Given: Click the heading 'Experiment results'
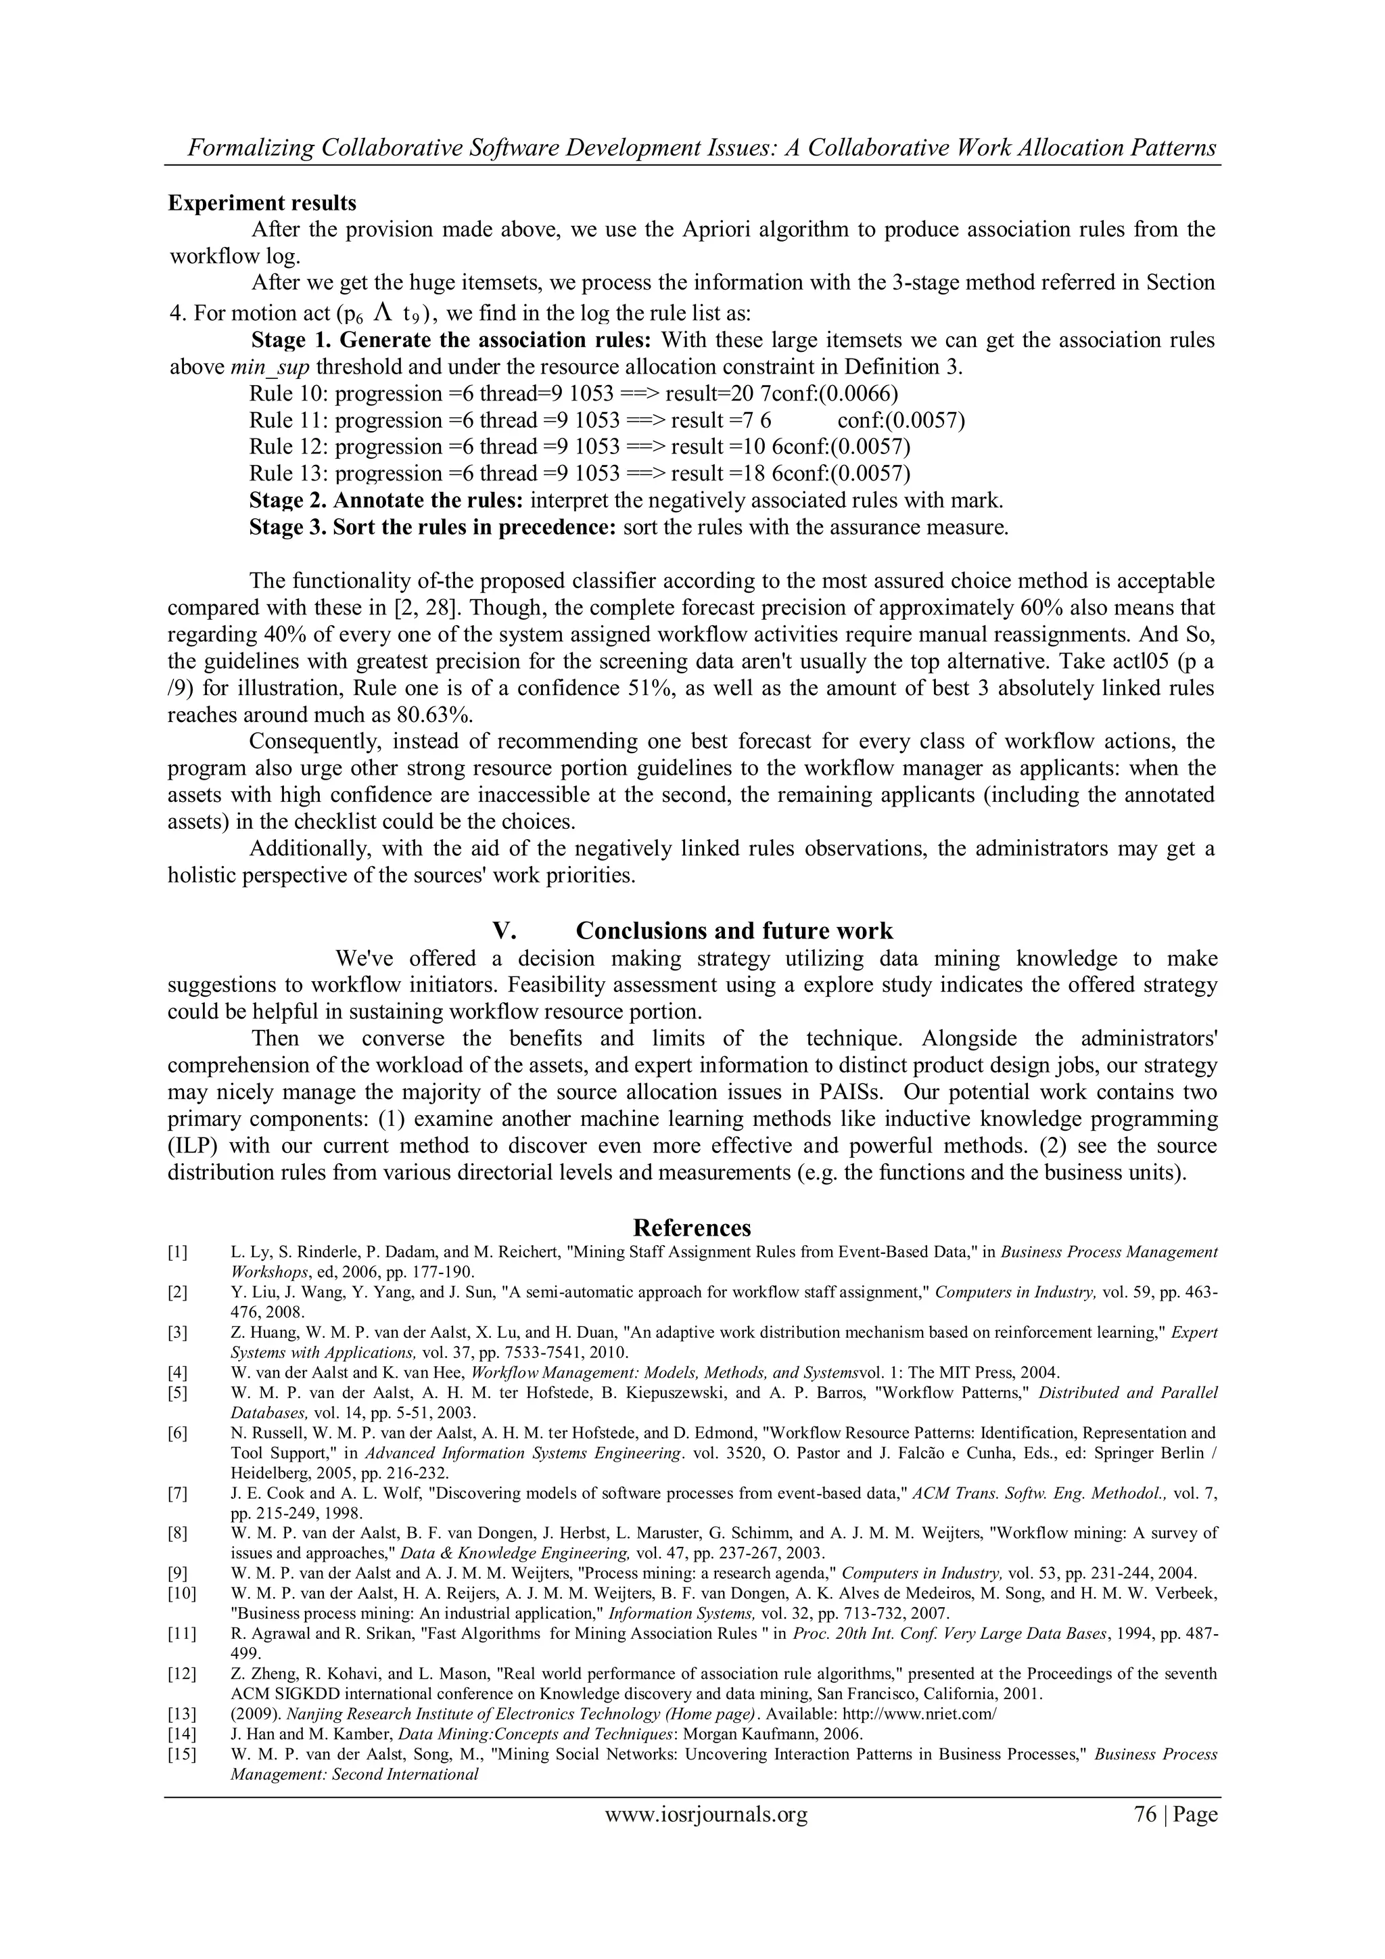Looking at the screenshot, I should click(262, 203).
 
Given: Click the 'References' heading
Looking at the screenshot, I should click(692, 1228).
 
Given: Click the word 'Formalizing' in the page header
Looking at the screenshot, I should click(251, 148).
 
